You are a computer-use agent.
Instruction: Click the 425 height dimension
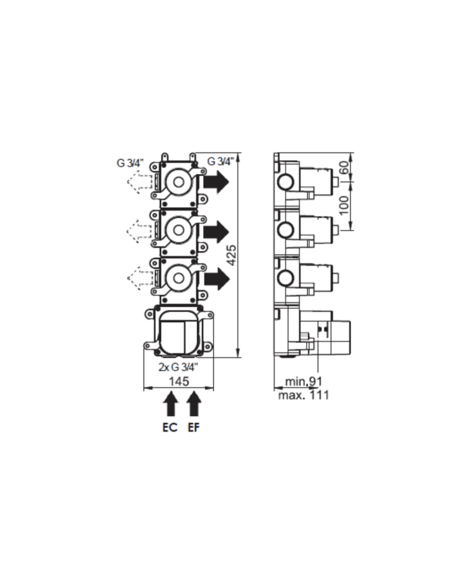click(231, 255)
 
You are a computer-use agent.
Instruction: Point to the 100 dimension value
click(344, 204)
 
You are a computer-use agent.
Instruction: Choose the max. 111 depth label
click(303, 395)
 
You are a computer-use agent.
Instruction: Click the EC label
click(171, 428)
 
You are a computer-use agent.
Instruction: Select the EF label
click(194, 428)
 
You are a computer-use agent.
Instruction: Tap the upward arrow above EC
click(171, 406)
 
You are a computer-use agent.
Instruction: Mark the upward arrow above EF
click(194, 406)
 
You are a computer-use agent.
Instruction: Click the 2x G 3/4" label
click(178, 367)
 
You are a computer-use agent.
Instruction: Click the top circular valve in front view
click(179, 181)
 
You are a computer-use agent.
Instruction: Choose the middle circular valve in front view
click(179, 229)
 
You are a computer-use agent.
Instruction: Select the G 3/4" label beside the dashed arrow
click(130, 162)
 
